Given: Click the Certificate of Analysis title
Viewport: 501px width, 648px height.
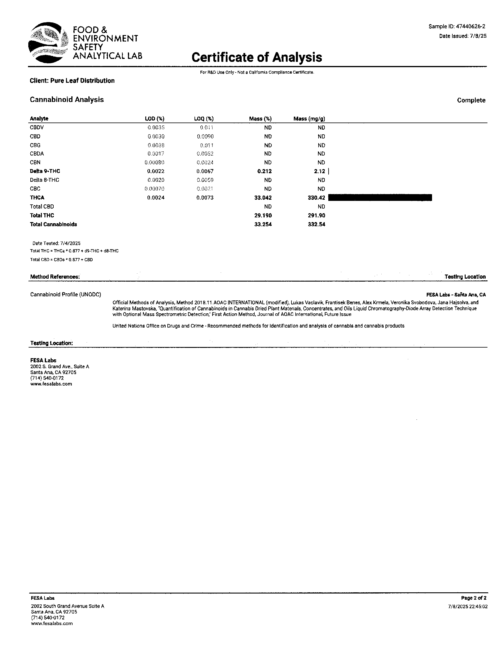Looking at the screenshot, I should [x=256, y=57].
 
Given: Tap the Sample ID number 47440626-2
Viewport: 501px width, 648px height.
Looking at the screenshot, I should [x=470, y=27].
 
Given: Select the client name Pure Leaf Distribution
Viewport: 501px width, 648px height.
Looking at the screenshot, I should [x=72, y=81].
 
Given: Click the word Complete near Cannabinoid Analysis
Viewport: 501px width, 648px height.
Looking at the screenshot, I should [x=471, y=100].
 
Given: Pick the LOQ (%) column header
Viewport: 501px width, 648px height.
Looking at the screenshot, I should [x=204, y=119].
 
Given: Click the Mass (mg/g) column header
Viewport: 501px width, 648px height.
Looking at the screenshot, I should [x=309, y=119].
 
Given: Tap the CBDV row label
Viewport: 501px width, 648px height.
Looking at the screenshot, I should [x=37, y=128].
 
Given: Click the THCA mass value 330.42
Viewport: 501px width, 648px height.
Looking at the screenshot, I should [x=317, y=198].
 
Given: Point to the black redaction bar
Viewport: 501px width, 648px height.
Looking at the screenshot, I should [x=380, y=198].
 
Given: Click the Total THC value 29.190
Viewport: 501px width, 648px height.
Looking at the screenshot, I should [x=263, y=215].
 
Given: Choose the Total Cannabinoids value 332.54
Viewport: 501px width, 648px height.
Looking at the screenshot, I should [x=317, y=224].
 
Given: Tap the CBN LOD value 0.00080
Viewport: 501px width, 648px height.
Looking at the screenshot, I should [x=154, y=162].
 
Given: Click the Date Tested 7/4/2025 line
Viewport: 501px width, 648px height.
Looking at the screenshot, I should [x=56, y=243].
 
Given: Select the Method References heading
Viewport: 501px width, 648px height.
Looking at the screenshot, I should [x=55, y=277].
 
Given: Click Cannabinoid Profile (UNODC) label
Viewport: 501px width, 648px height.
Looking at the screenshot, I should [x=66, y=295].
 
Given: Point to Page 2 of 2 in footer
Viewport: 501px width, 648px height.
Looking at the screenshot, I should [x=474, y=598].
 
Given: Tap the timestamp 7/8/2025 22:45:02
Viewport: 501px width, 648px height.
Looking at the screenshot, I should [x=468, y=606].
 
